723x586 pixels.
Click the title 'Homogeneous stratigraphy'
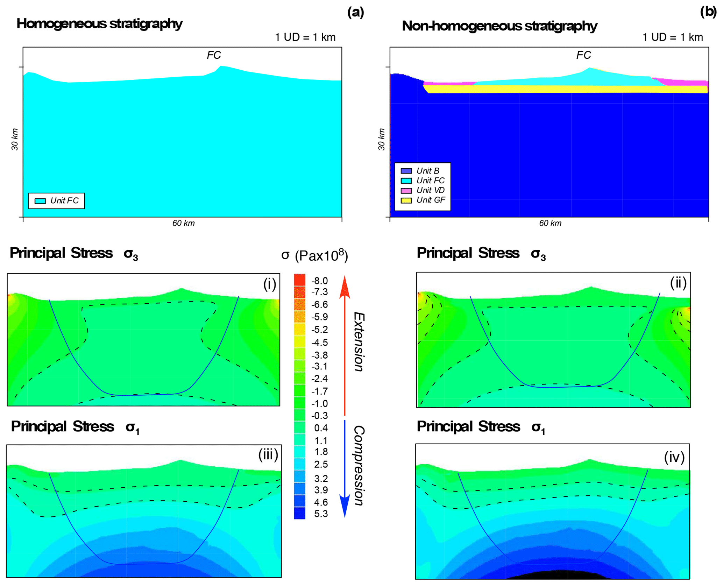99,24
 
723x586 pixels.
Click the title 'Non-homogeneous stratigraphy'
499,26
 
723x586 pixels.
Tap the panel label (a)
355,12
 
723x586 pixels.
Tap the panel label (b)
708,12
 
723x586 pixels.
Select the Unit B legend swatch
406,171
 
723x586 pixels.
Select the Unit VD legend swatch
406,191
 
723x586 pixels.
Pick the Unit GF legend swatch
406,200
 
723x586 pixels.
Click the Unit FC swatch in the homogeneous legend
40,201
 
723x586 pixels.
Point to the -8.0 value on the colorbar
320,281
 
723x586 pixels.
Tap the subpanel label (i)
269,284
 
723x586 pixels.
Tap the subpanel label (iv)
674,457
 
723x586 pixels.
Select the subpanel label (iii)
268,455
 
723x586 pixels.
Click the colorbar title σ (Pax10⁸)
314,255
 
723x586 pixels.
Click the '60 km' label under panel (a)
183,223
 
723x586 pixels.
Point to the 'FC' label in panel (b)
583,55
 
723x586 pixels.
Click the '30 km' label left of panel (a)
15,140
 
